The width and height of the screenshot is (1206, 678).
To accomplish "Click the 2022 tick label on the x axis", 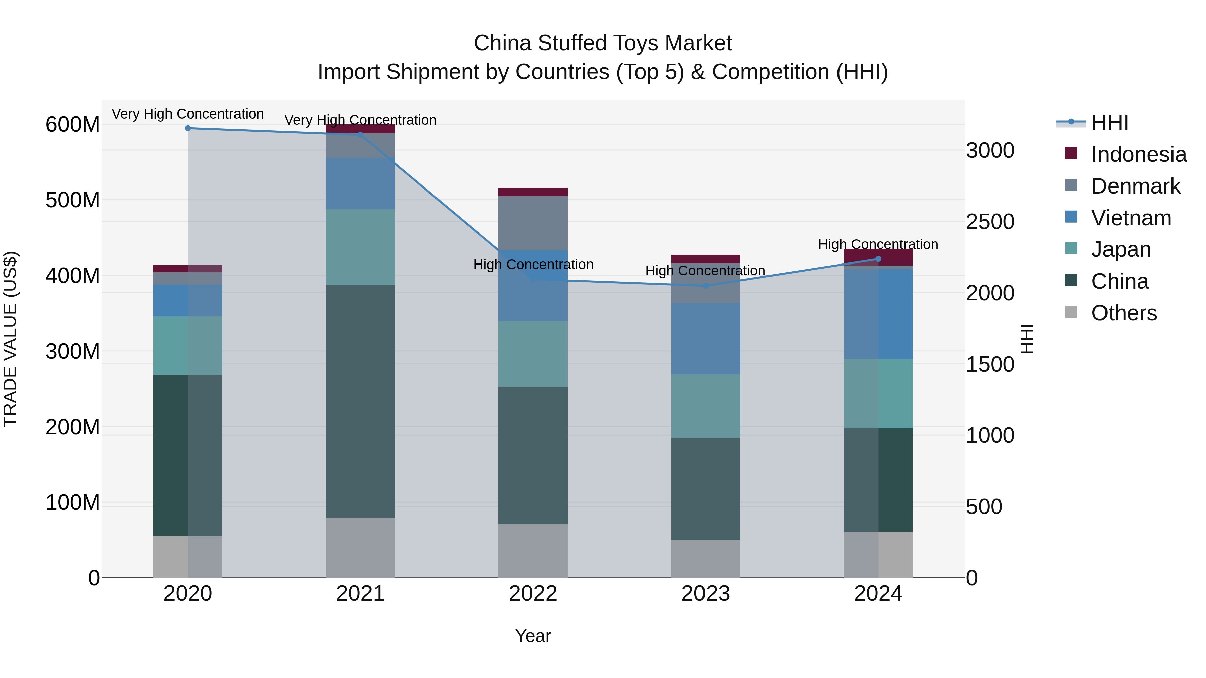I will coord(533,594).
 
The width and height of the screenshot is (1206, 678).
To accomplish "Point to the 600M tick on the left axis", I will coord(73,125).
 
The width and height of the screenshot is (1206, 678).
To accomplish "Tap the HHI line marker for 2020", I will coord(188,128).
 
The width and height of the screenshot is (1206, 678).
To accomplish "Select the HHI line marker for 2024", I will coord(878,259).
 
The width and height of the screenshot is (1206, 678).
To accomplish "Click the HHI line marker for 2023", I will coord(706,285).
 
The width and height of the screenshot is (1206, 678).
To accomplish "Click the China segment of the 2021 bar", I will coord(360,401).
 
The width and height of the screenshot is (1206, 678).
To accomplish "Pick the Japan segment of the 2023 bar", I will coord(706,406).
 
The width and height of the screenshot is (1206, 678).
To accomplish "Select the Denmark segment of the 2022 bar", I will coord(533,223).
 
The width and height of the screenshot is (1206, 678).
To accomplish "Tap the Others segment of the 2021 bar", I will coord(360,547).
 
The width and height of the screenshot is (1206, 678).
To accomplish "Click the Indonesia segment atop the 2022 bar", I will coord(533,192).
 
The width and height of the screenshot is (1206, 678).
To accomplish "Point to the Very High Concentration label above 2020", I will coord(188,114).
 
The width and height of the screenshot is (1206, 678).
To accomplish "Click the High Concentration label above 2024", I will coord(878,244).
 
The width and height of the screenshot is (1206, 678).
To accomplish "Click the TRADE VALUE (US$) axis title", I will coord(10,339).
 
